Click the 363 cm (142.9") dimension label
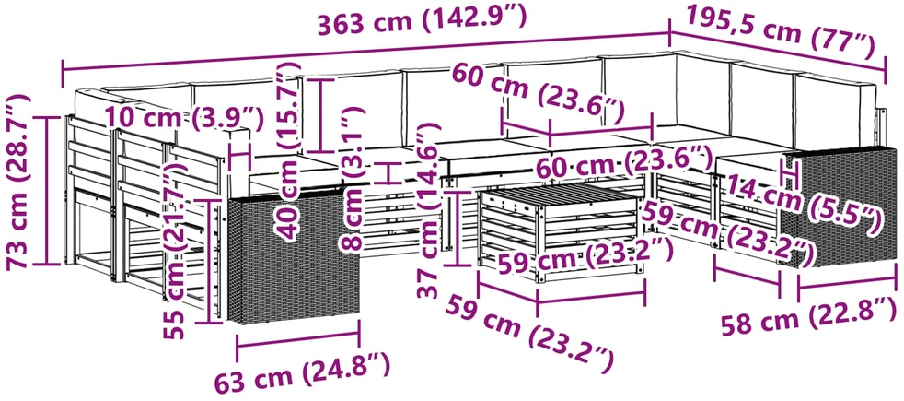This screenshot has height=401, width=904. [422, 22]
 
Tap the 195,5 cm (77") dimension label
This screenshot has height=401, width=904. [781, 30]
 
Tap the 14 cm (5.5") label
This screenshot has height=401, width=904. [803, 206]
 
